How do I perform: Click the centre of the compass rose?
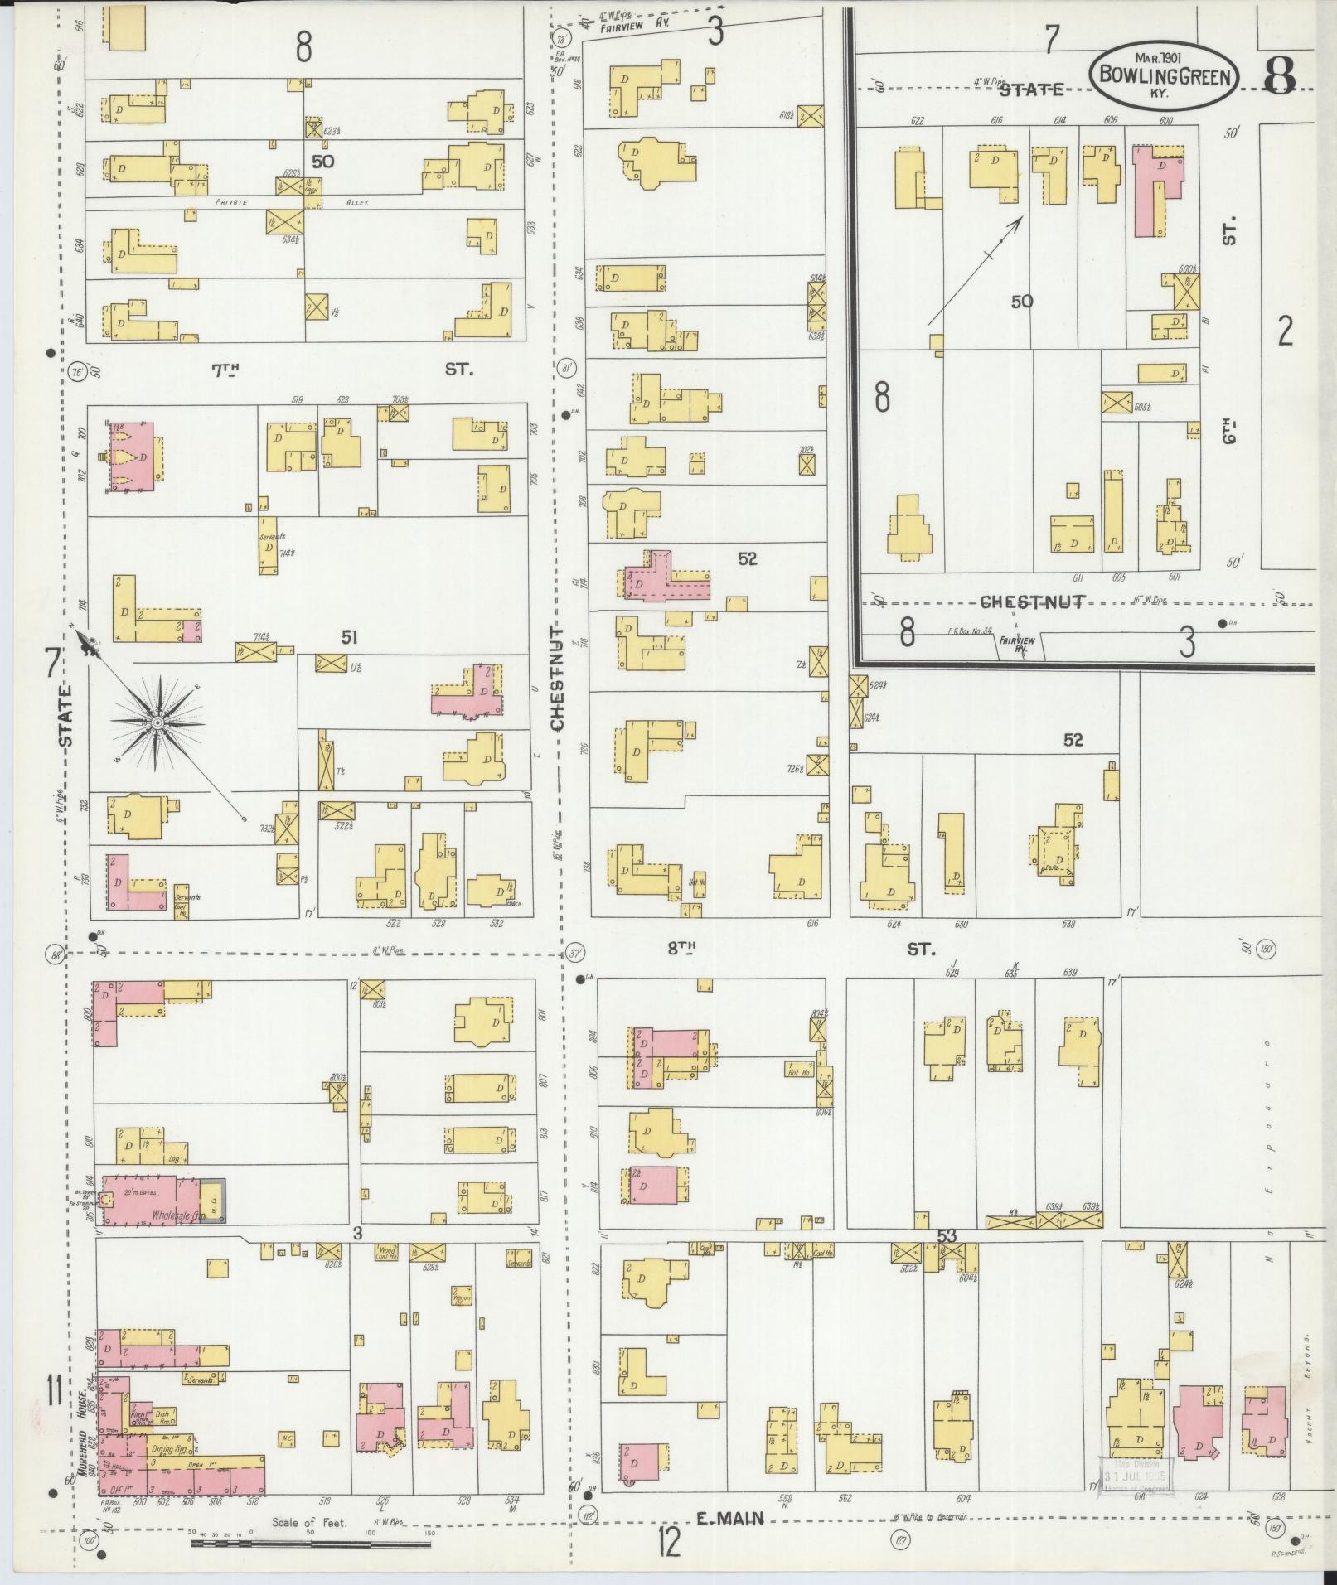(155, 723)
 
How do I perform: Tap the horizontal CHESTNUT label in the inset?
(1032, 602)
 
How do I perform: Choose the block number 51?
(351, 636)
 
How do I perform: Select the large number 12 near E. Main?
(669, 1542)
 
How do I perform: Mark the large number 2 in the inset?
(1285, 331)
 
